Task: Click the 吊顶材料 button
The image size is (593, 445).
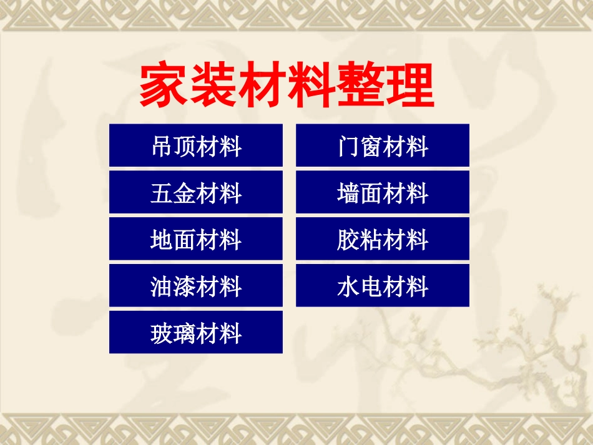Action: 195,145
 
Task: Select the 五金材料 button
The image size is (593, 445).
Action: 195,192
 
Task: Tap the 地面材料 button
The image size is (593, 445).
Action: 195,239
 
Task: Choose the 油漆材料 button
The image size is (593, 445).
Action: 195,286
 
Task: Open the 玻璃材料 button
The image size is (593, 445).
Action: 195,333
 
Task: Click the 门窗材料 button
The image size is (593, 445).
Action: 382,145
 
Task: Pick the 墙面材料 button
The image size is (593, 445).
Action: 382,192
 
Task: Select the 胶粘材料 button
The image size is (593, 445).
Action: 382,239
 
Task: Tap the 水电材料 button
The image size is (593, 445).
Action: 382,286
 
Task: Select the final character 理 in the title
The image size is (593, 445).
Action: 410,86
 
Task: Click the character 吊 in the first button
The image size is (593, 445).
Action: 162,147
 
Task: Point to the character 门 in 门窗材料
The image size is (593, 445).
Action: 348,147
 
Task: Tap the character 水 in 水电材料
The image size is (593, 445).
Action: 348,287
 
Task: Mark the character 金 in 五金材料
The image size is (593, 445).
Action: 184,193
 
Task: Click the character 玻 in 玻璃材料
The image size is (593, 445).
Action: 162,334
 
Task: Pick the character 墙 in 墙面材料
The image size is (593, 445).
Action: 348,193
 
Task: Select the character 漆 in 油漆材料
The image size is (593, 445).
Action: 184,287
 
